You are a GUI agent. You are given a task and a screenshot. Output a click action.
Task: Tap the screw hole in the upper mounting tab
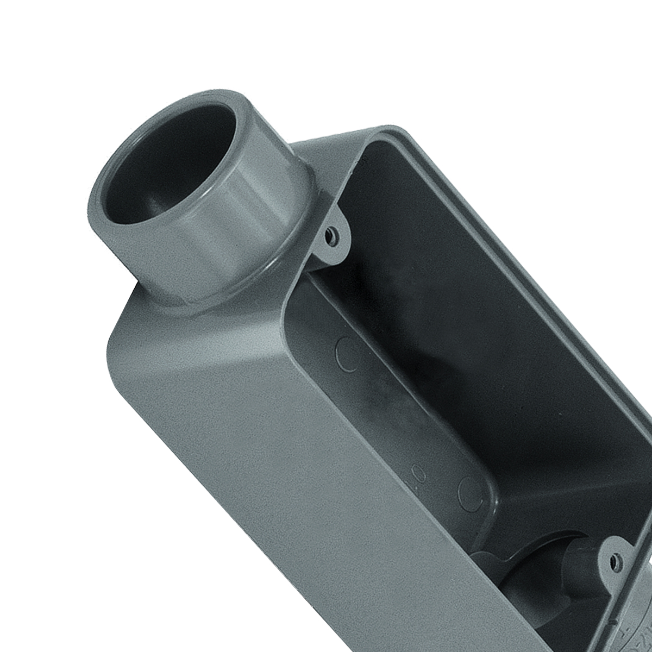(330, 235)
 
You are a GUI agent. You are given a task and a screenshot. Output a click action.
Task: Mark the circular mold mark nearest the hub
(348, 353)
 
